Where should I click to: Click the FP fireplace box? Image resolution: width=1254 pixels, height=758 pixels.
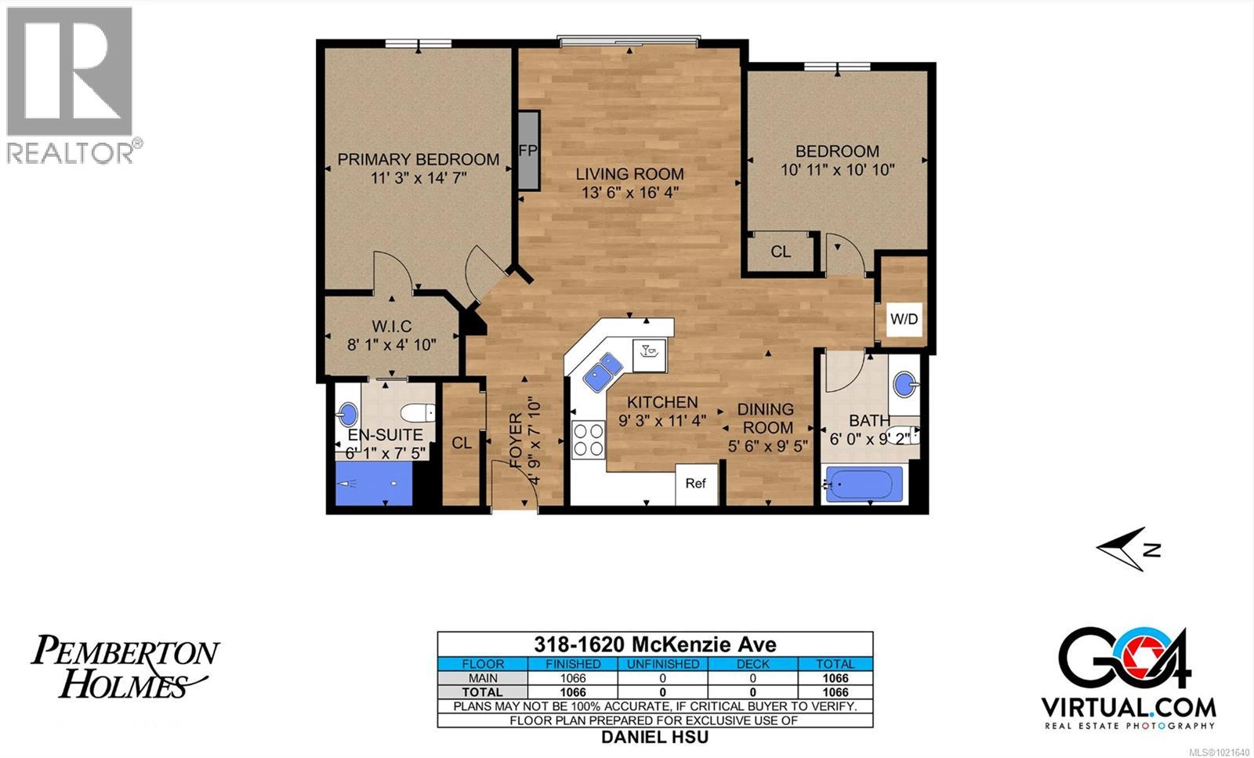click(528, 150)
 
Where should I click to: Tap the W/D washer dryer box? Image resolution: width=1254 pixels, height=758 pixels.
click(904, 319)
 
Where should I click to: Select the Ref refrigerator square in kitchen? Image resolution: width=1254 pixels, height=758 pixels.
click(696, 484)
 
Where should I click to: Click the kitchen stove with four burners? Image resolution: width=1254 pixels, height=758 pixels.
click(588, 439)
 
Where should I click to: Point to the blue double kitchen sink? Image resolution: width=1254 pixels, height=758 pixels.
click(603, 372)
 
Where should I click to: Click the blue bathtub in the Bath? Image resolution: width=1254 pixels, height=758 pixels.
click(863, 484)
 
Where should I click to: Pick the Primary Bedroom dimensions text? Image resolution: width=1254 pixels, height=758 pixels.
click(419, 178)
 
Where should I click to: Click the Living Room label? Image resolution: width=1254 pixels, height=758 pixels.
click(629, 174)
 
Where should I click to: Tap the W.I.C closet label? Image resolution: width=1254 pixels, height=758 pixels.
click(391, 326)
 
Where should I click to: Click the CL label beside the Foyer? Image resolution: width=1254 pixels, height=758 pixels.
click(462, 443)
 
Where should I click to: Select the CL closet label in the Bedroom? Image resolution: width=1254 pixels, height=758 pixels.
click(781, 252)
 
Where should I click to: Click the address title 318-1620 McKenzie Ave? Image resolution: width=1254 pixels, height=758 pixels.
click(654, 644)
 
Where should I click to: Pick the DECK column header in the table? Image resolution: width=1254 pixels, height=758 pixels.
click(752, 664)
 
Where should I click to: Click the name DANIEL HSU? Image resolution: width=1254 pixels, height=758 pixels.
click(654, 737)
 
